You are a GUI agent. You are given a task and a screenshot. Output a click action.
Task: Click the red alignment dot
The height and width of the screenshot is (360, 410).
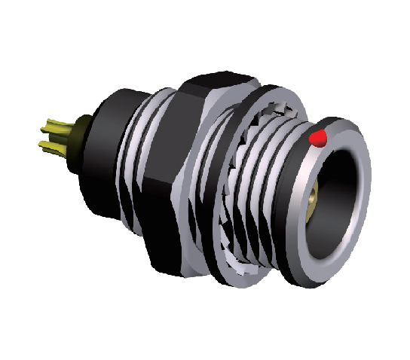click(319, 138)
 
